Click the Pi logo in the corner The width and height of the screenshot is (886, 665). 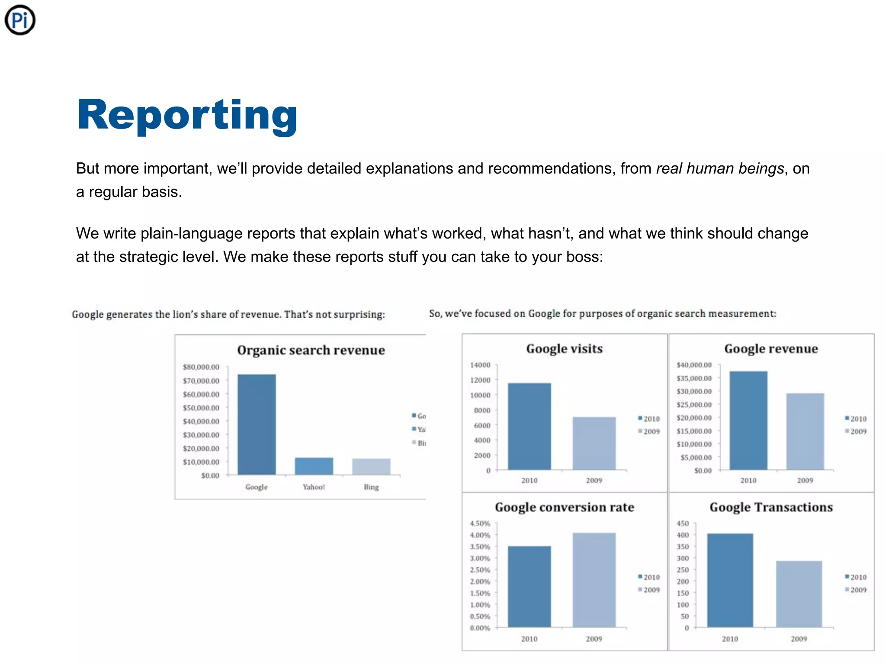pyautogui.click(x=20, y=20)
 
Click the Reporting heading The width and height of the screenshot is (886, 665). pyautogui.click(x=187, y=114)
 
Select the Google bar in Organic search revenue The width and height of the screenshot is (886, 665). pyautogui.click(x=257, y=424)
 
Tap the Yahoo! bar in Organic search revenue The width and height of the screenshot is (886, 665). pyautogui.click(x=314, y=466)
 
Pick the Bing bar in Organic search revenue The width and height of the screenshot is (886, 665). pyautogui.click(x=371, y=466)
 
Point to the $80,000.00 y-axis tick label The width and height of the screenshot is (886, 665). pyautogui.click(x=201, y=367)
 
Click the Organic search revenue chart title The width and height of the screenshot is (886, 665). pyautogui.click(x=311, y=350)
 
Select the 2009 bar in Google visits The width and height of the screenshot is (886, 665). pyautogui.click(x=594, y=443)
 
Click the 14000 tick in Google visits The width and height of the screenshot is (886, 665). pyautogui.click(x=480, y=365)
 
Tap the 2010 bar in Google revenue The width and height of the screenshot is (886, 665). pyautogui.click(x=748, y=420)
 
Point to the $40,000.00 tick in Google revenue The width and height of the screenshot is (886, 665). pyautogui.click(x=694, y=365)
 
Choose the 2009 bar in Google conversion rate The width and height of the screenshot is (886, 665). pyautogui.click(x=594, y=580)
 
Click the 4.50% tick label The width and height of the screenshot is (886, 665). pyautogui.click(x=480, y=523)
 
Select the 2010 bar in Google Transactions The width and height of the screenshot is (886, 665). pyautogui.click(x=730, y=580)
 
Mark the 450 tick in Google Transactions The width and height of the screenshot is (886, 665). pyautogui.click(x=683, y=523)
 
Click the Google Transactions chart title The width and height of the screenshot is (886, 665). pyautogui.click(x=771, y=507)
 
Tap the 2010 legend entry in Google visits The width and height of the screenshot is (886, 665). pyautogui.click(x=649, y=419)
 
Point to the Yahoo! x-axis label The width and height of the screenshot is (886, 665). pyautogui.click(x=314, y=487)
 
